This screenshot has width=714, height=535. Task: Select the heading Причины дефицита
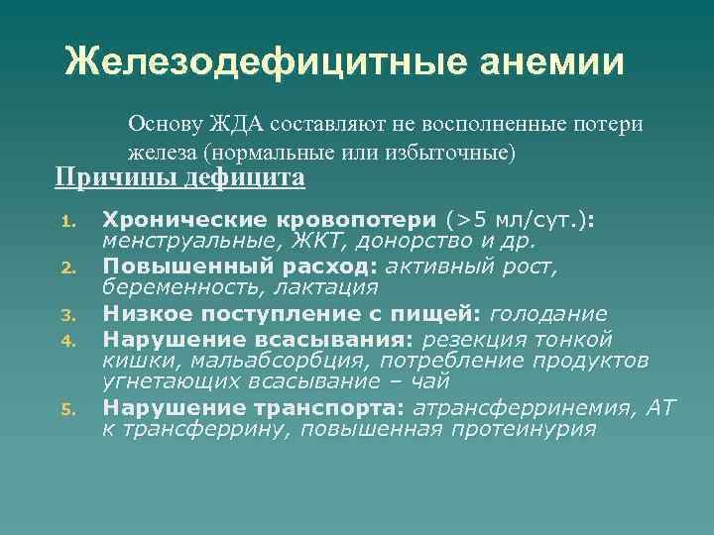coord(179,177)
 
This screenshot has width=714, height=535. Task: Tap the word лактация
coord(327,287)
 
